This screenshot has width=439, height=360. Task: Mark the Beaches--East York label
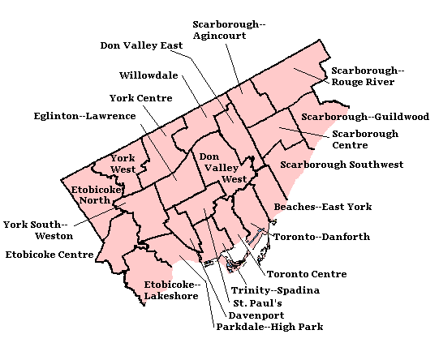pyautogui.click(x=322, y=207)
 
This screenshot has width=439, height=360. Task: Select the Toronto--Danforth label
pyautogui.click(x=321, y=237)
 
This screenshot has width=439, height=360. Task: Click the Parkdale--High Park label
pyautogui.click(x=269, y=328)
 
